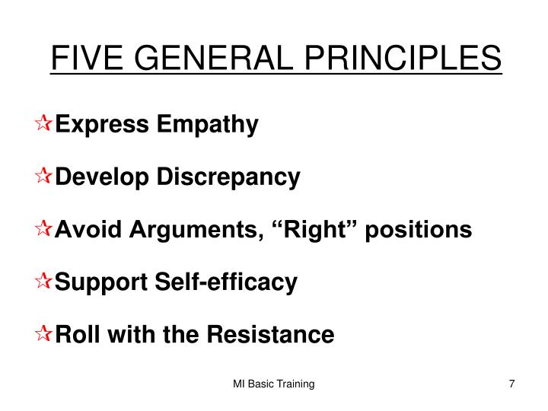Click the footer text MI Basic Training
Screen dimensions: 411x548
pos(274,384)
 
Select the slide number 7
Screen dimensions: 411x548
pos(512,384)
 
